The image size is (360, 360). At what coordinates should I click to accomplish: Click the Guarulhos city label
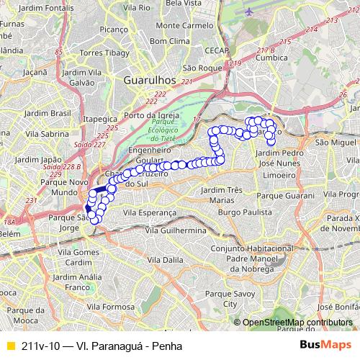point(150,80)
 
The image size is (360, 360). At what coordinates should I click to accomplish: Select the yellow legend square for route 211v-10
point(9,346)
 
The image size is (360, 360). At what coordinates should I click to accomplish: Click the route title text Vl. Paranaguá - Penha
point(102,346)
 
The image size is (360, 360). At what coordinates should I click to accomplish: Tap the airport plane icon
point(249,12)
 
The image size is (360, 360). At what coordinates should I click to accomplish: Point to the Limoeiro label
point(280,175)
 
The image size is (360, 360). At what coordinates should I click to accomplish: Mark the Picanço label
point(114,30)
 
